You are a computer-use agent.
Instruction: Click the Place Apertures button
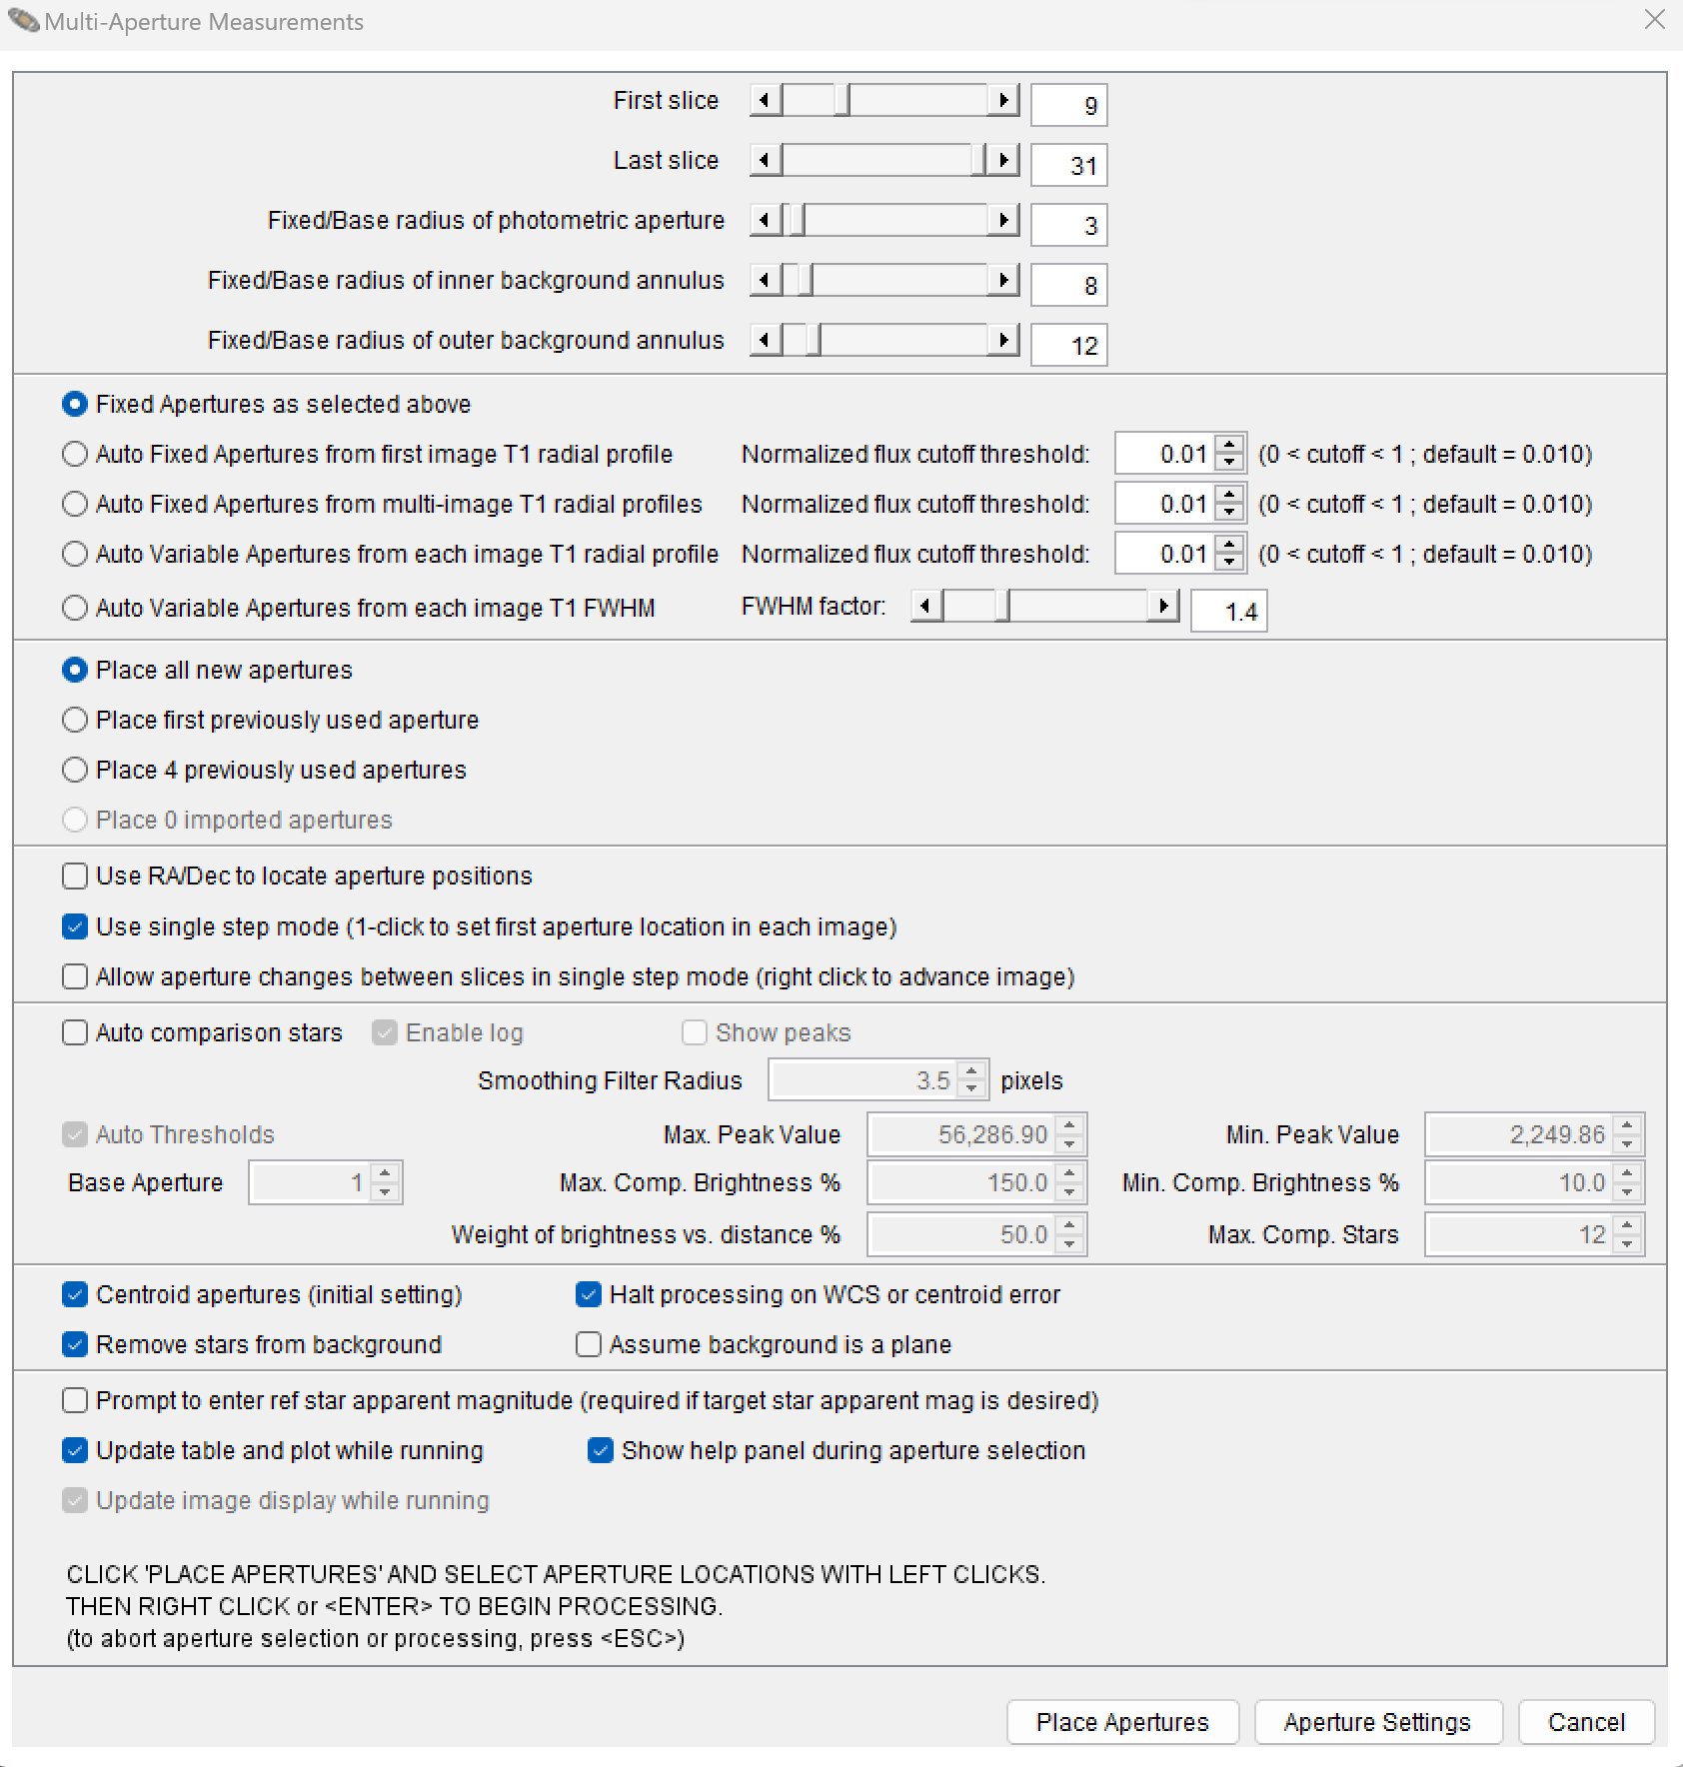click(1122, 1722)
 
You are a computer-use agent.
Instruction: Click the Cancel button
click(1586, 1722)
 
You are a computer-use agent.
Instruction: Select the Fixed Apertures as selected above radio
click(75, 404)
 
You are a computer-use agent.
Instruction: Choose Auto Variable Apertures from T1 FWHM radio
click(75, 608)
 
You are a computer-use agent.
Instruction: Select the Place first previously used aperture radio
click(75, 720)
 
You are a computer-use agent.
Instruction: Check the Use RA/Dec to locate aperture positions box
click(75, 877)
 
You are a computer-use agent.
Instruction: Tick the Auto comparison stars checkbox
click(75, 1032)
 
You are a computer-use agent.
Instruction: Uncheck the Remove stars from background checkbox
click(75, 1344)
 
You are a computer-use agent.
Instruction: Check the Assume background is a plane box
click(589, 1344)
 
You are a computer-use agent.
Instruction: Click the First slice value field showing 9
click(1068, 105)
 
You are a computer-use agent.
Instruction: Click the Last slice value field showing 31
click(1068, 165)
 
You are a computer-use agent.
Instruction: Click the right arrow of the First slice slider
click(1003, 100)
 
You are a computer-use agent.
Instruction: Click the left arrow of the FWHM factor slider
click(926, 606)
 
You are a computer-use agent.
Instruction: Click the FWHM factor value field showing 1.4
click(1228, 612)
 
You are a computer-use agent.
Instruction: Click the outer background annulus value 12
click(1068, 345)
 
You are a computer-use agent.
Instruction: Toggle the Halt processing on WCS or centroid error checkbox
click(589, 1294)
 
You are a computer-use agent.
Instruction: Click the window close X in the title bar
click(1655, 20)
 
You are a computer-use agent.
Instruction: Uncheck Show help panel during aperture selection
click(601, 1450)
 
